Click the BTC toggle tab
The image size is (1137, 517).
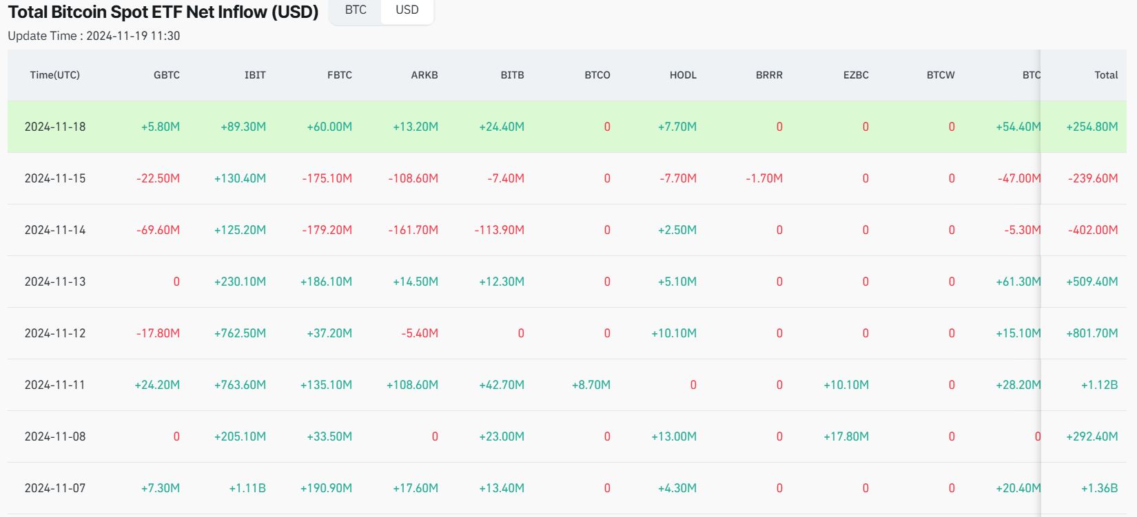click(356, 10)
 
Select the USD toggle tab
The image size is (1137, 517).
click(407, 10)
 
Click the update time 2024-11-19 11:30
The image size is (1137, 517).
click(133, 36)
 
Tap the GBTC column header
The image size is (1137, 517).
click(167, 75)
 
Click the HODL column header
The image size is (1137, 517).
click(683, 75)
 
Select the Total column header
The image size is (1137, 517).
click(1106, 75)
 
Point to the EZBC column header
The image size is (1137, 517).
click(856, 75)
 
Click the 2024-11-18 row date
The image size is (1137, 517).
click(55, 127)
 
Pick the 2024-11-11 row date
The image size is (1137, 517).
click(55, 385)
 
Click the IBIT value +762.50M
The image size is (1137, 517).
click(240, 333)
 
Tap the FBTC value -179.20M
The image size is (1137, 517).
click(327, 230)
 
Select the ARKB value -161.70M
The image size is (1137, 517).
click(413, 230)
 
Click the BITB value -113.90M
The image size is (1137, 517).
click(499, 230)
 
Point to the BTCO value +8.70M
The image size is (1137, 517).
click(591, 385)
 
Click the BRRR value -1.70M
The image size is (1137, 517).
click(764, 178)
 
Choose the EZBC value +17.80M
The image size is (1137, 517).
click(846, 436)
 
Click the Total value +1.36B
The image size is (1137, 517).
click(1099, 488)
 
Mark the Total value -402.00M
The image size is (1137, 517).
click(1093, 230)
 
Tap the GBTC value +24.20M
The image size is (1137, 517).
click(157, 385)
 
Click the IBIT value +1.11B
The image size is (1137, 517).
click(247, 488)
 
